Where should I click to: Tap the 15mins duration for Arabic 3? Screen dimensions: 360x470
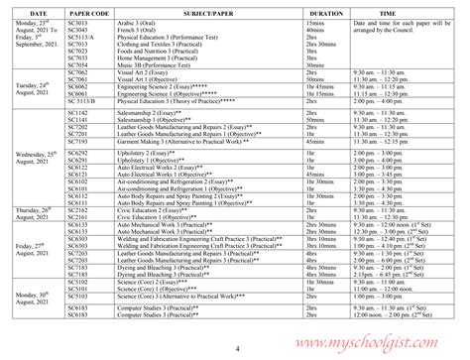point(319,25)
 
